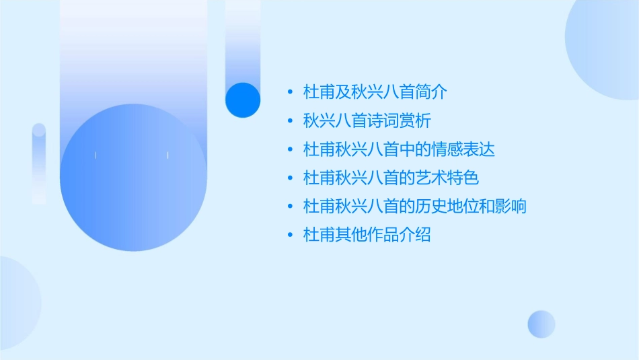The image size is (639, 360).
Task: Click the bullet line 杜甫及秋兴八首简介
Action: (375, 92)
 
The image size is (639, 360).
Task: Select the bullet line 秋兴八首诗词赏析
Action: (367, 121)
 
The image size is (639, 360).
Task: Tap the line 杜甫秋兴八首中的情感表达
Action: (399, 149)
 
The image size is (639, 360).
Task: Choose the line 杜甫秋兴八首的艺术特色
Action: (391, 178)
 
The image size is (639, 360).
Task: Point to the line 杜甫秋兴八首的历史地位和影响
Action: (415, 207)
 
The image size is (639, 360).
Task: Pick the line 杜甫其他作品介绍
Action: (367, 236)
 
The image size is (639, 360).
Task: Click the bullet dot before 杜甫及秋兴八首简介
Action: (290, 92)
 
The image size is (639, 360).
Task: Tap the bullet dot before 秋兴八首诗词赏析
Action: (290, 121)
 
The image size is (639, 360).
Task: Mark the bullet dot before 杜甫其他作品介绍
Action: (290, 236)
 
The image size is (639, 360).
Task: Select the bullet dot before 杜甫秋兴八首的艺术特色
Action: (290, 178)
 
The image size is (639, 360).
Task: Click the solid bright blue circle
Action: (242, 100)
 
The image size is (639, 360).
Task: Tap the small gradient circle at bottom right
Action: (541, 324)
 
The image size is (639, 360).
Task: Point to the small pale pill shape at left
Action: (39, 164)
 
